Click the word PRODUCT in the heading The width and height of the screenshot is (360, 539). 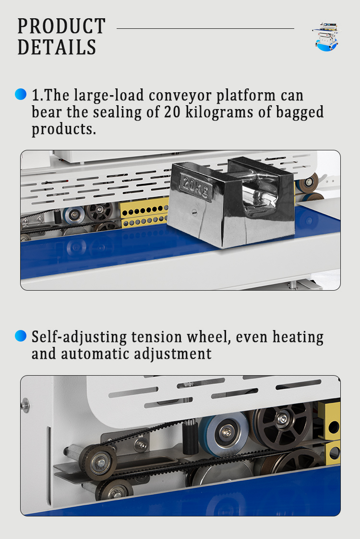[61, 26]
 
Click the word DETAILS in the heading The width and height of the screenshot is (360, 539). [57, 47]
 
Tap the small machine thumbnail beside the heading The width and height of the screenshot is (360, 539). [327, 37]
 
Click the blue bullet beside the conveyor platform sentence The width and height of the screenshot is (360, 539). [21, 94]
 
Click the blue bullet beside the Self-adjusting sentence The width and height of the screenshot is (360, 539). [21, 336]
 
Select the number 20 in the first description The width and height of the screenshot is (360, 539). [172, 112]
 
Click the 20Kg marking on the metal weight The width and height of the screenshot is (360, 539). [195, 187]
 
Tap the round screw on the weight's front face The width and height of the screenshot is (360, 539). [194, 212]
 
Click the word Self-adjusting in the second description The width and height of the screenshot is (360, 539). [79, 337]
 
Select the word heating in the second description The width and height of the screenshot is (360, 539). [298, 337]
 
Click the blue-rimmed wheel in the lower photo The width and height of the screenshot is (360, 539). [225, 434]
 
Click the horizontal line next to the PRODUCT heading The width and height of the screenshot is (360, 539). [205, 28]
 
